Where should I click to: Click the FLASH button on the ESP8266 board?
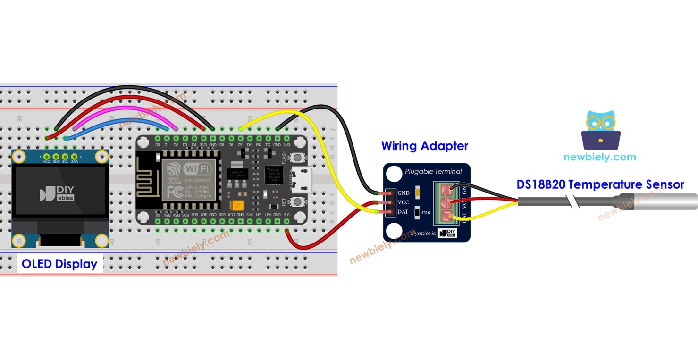297,157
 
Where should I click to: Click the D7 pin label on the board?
240,145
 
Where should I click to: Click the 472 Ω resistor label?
425,213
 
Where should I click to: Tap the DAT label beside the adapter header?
403,212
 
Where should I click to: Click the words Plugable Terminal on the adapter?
433,171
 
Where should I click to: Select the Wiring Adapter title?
424,146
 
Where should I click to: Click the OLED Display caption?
59,264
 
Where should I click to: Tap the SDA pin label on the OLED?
74,161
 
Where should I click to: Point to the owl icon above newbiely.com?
600,130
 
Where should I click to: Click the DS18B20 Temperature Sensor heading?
600,184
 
